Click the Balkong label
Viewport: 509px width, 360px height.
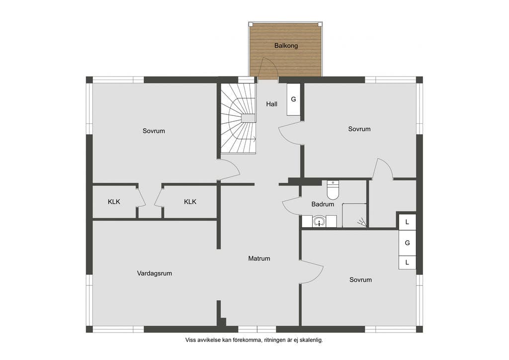[x=286, y=45]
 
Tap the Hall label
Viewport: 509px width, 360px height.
[x=272, y=104]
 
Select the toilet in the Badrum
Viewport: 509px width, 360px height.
[x=333, y=190]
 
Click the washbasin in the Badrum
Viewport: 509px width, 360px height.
[x=320, y=222]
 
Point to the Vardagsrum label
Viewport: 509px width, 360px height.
[x=155, y=273]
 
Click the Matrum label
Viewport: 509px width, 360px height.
[x=259, y=259]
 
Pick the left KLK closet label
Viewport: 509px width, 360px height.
[x=114, y=201]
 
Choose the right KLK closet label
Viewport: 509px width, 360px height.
[x=190, y=201]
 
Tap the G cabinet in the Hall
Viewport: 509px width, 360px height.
[x=293, y=99]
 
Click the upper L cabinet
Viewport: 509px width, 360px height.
[x=407, y=222]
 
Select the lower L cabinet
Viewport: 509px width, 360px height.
[x=407, y=262]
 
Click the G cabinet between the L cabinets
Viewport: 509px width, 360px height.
[x=407, y=243]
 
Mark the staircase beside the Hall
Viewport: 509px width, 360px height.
[x=239, y=118]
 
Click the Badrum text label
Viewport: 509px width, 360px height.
[x=323, y=204]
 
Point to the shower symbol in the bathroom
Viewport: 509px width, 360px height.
[x=362, y=223]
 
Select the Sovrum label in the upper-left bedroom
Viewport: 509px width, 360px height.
[x=154, y=131]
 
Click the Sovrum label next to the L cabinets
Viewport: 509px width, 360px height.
[x=361, y=280]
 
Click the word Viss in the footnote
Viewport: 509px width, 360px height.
[x=190, y=340]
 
